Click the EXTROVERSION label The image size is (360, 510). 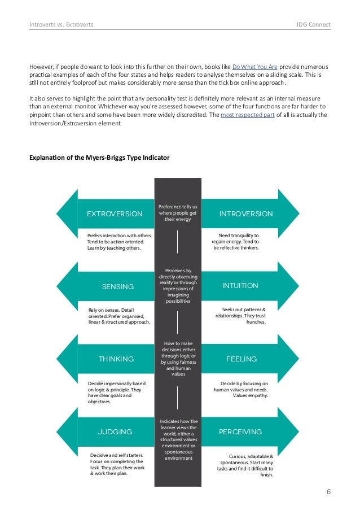[115, 214]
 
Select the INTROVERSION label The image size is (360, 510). [245, 214]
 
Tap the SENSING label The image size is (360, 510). [117, 286]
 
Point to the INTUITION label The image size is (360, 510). [240, 286]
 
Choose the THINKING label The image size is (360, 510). [116, 359]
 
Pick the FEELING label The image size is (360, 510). [241, 359]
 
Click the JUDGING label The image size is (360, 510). [115, 431]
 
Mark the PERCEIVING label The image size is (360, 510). [240, 431]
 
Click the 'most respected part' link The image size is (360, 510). [245, 116]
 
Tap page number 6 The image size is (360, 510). [328, 491]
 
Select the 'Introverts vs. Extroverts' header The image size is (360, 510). [62, 25]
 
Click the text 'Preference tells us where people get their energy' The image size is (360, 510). [178, 213]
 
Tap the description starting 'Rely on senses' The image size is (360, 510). [118, 316]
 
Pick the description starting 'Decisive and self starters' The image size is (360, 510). [117, 464]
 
